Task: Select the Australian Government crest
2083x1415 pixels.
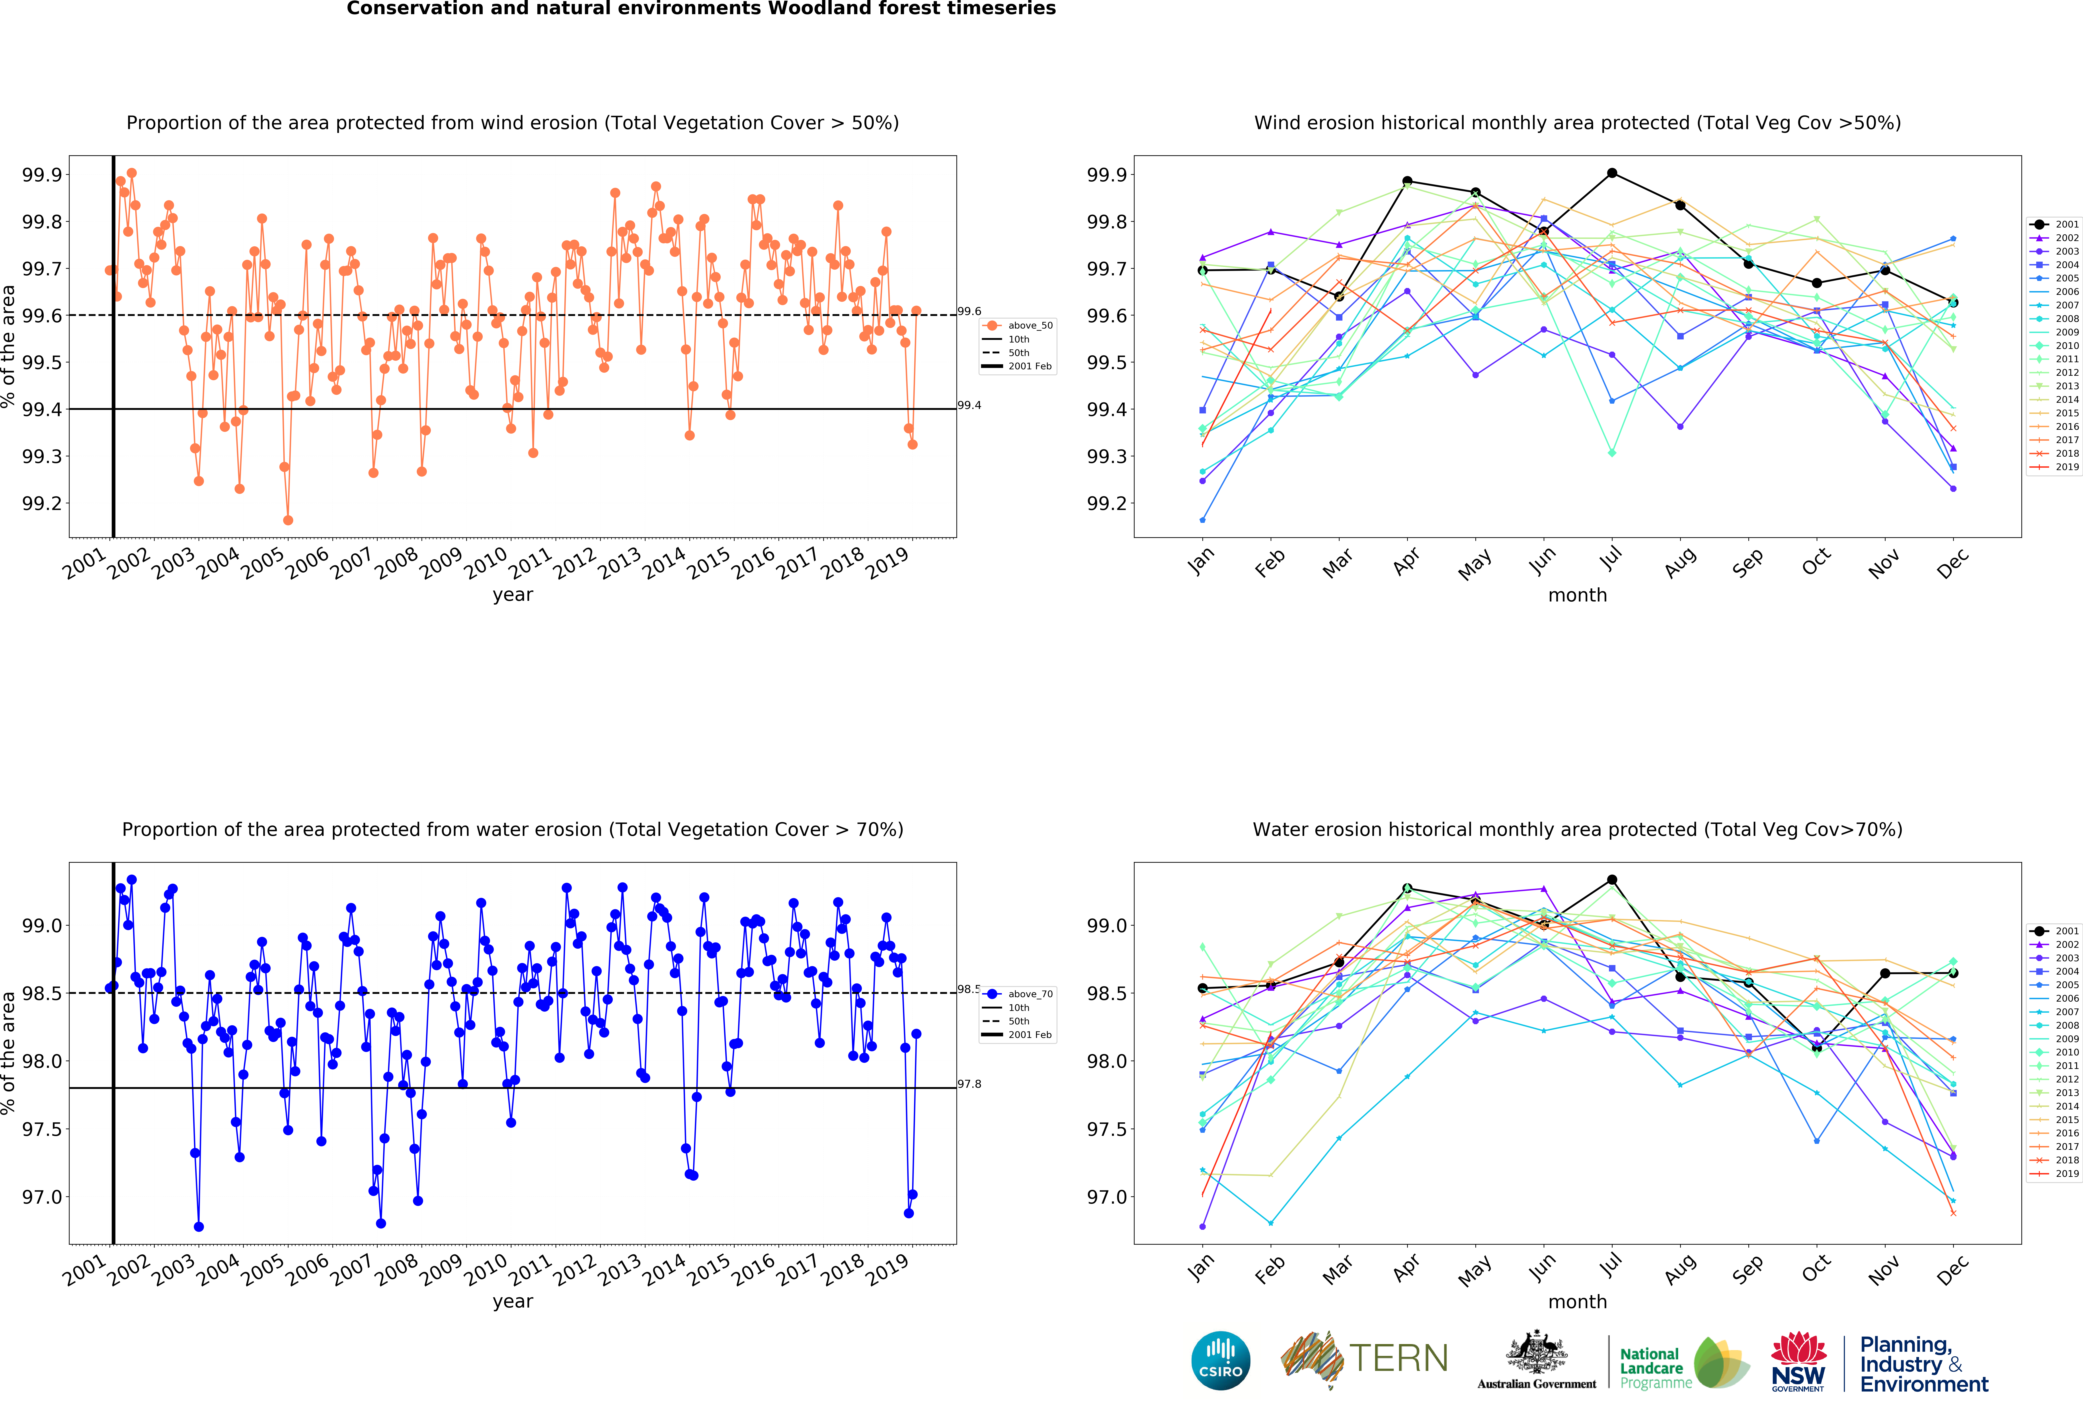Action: coord(1536,1353)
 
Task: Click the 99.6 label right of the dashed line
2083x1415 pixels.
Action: coord(969,311)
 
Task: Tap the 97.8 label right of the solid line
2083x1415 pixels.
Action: coord(969,1084)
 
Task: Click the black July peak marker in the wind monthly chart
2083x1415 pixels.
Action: coord(1611,173)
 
